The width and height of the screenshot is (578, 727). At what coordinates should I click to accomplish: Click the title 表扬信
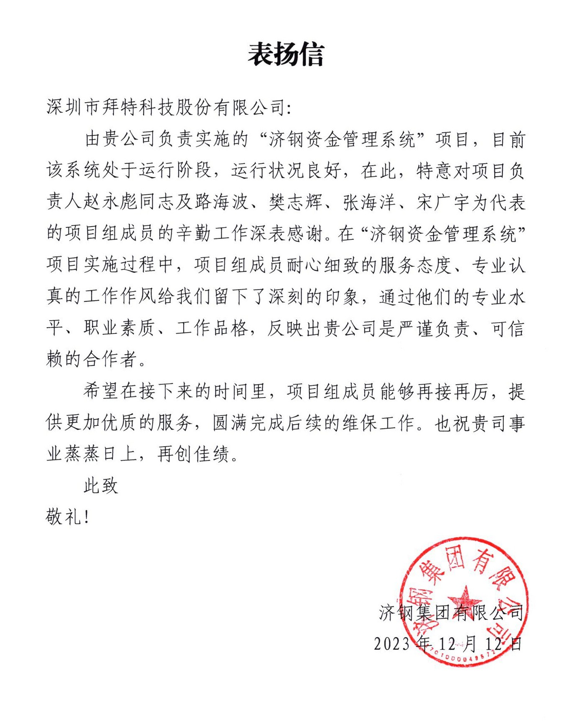coord(286,55)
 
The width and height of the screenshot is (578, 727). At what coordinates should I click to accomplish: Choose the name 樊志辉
coord(295,202)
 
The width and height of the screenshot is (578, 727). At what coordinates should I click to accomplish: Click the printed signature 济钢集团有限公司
coord(451,613)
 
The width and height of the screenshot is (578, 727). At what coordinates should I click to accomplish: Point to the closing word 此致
coord(101,486)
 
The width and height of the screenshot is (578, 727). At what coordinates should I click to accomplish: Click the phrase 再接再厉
coord(452,392)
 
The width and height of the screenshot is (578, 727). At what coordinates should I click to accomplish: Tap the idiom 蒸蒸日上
coord(92,454)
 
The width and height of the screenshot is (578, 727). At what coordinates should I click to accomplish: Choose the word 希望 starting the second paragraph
coord(101,392)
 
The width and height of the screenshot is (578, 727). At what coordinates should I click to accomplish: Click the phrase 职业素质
coord(120,329)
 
